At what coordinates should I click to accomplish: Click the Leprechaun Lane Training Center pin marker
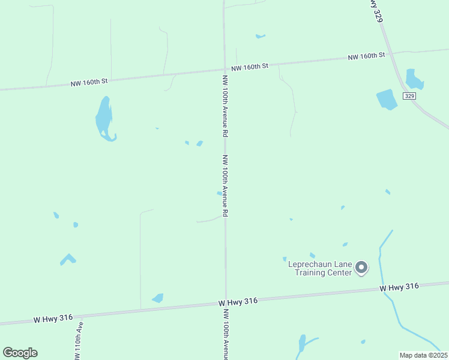pyautogui.click(x=361, y=267)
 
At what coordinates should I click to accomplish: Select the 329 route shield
pyautogui.click(x=409, y=96)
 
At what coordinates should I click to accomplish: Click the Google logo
pyautogui.click(x=20, y=353)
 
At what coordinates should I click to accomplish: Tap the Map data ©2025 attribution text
pyautogui.click(x=423, y=355)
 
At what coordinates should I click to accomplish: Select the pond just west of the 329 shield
pyautogui.click(x=387, y=100)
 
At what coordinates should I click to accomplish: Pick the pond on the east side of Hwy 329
pyautogui.click(x=414, y=79)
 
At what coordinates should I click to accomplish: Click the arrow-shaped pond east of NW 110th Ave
pyautogui.click(x=68, y=259)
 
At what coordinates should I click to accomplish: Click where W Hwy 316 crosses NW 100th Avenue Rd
pyautogui.click(x=226, y=304)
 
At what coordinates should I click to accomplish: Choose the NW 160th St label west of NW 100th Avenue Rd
pyautogui.click(x=89, y=80)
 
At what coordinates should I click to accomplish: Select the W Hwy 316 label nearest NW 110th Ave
pyautogui.click(x=53, y=318)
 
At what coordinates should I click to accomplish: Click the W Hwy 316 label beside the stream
pyautogui.click(x=399, y=287)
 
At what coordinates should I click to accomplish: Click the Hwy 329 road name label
pyautogui.click(x=375, y=11)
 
